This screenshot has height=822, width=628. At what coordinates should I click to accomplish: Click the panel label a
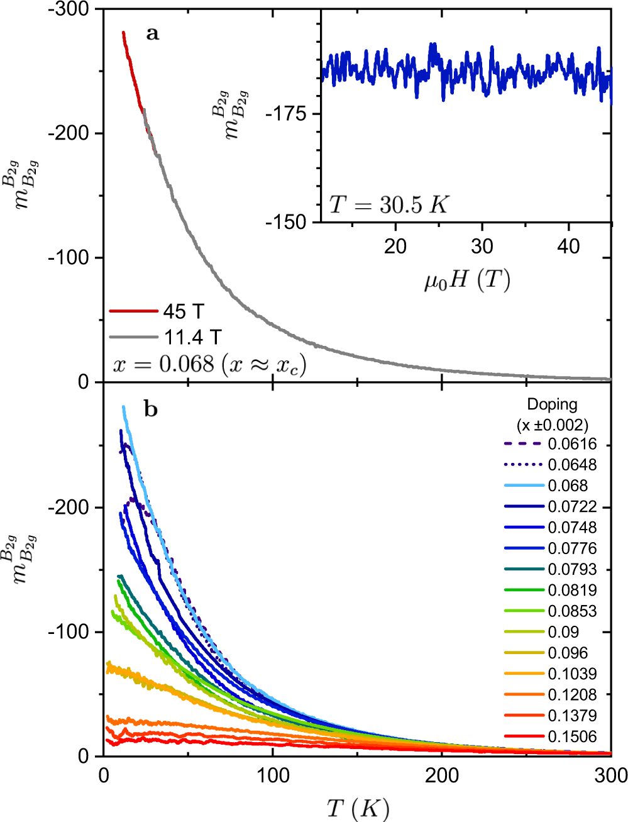click(152, 33)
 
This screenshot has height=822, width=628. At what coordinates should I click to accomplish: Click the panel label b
click(151, 410)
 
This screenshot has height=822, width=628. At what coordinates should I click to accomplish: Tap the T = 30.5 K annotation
click(388, 204)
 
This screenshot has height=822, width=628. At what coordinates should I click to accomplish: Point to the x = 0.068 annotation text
click(209, 365)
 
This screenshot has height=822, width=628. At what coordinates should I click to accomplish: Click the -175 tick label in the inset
click(286, 114)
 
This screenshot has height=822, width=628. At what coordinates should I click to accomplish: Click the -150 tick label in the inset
click(286, 222)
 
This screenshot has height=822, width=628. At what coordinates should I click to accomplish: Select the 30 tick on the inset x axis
click(482, 247)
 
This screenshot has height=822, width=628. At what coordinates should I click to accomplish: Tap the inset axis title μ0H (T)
click(466, 280)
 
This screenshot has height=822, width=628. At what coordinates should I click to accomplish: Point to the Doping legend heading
click(552, 404)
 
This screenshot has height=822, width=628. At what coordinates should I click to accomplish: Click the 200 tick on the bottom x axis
click(442, 775)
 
